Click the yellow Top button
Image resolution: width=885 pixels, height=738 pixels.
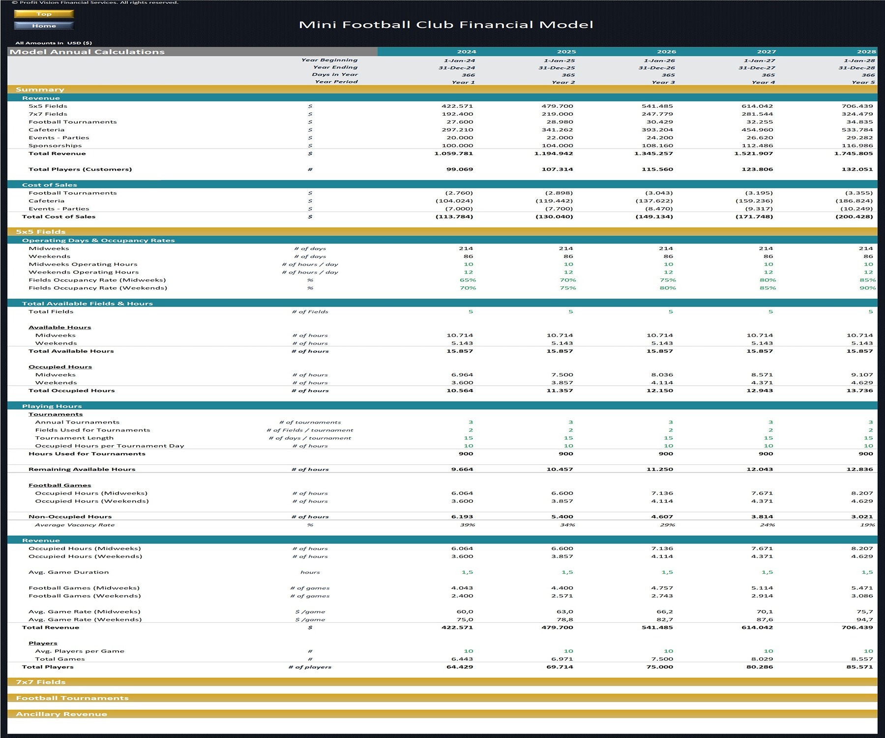click(x=44, y=14)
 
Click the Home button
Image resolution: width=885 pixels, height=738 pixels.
click(x=44, y=26)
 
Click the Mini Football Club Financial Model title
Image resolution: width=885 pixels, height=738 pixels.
click(x=446, y=25)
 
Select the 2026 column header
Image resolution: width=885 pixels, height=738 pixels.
click(x=666, y=52)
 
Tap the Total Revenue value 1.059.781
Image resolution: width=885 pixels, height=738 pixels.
click(x=453, y=154)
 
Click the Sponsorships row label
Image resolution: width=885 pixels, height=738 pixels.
click(x=55, y=146)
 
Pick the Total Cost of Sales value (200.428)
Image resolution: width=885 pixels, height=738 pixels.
click(x=854, y=216)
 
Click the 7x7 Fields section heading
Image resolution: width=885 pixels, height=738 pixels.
click(x=41, y=682)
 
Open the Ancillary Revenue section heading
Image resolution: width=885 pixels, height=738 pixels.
click(x=61, y=714)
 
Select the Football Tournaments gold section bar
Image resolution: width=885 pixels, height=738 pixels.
click(x=442, y=698)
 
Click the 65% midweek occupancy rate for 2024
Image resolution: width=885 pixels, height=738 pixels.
click(x=468, y=280)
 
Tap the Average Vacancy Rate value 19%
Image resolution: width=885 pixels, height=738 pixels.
click(x=867, y=525)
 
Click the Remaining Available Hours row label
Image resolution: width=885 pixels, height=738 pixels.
click(x=82, y=469)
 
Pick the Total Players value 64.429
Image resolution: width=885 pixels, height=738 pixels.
click(x=460, y=667)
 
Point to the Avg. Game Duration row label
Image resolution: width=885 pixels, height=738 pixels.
click(x=68, y=572)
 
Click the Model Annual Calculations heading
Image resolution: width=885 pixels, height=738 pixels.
click(x=87, y=52)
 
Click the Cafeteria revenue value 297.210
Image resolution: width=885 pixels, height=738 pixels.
click(x=457, y=130)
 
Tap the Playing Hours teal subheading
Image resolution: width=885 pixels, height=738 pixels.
click(x=52, y=406)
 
